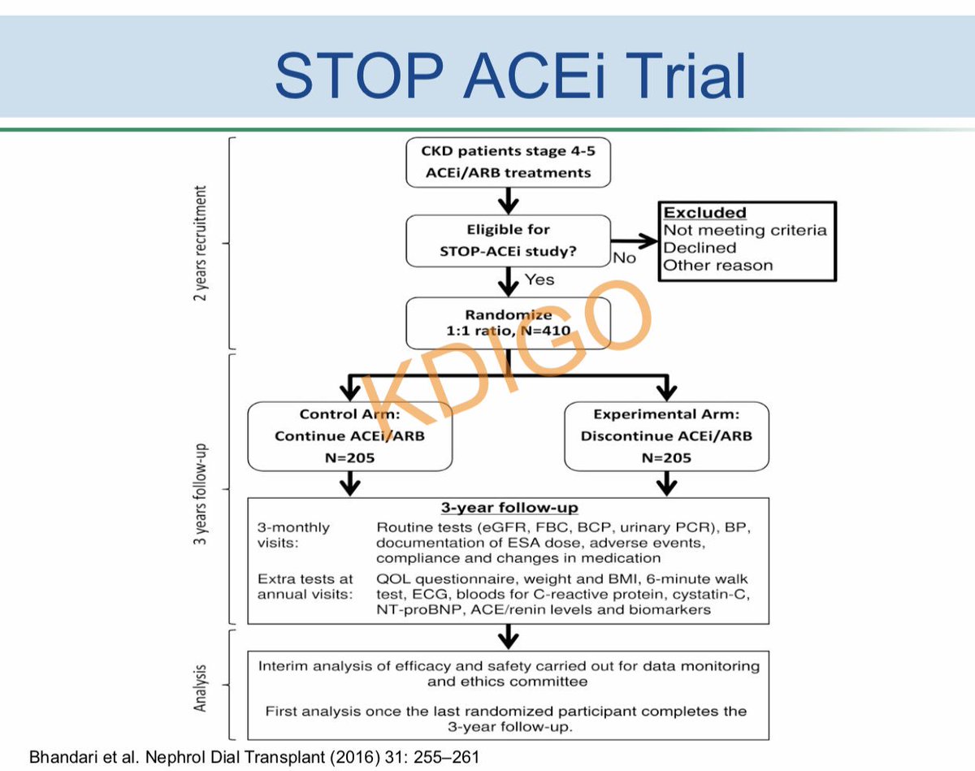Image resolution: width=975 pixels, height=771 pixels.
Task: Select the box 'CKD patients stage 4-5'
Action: click(508, 161)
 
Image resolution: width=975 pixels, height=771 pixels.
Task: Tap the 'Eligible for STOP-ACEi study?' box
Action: click(508, 240)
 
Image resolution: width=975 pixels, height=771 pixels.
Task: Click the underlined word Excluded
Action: click(704, 213)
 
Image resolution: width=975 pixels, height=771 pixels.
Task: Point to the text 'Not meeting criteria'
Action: click(745, 230)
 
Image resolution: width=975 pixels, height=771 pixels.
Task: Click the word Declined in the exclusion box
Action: click(700, 248)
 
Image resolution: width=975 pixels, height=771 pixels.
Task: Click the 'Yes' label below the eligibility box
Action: click(539, 279)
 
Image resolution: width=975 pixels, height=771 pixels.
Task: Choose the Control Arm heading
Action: click(350, 414)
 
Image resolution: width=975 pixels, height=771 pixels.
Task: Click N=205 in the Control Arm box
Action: click(350, 457)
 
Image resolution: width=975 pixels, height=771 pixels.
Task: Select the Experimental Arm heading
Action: click(666, 414)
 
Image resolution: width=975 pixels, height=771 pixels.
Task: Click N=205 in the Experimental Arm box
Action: click(666, 457)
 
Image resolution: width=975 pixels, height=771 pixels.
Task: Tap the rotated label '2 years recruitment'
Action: click(200, 244)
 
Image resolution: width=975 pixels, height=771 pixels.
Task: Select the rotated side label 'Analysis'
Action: click(200, 689)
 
